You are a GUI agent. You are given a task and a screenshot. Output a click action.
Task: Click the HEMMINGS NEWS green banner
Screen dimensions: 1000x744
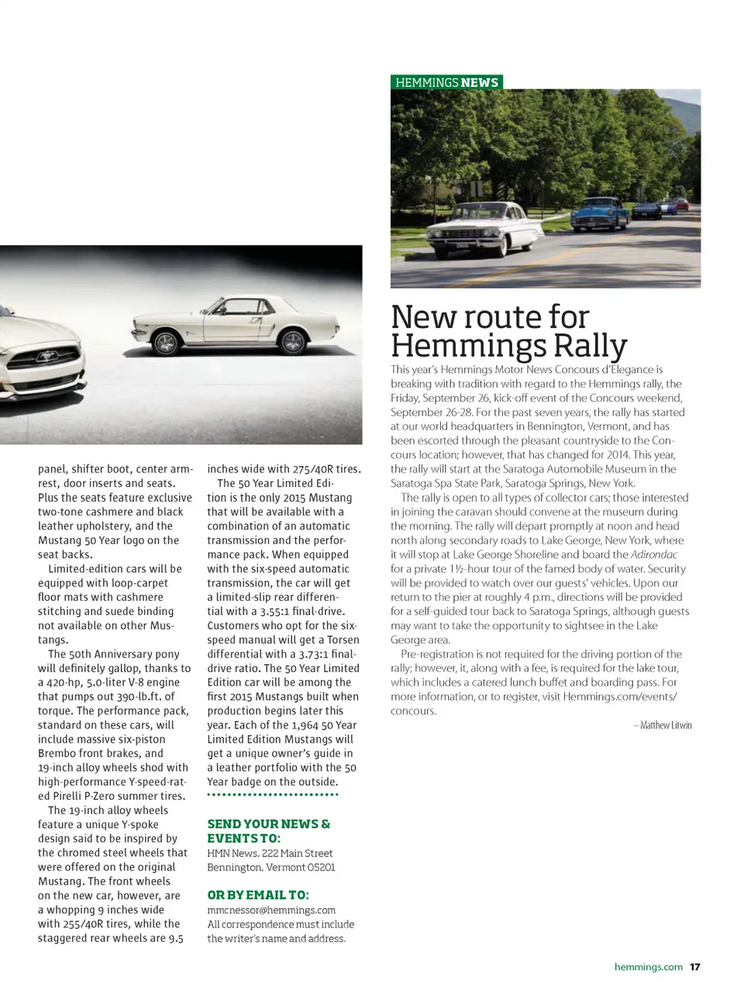(x=446, y=82)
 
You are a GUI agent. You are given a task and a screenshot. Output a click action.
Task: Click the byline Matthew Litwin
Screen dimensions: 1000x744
(x=663, y=726)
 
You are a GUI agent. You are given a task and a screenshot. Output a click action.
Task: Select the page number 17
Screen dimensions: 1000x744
(x=695, y=967)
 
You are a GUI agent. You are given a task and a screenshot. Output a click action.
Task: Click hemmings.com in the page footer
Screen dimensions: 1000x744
(x=648, y=967)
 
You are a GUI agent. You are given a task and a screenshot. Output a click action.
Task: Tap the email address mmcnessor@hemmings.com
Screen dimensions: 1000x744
(x=271, y=910)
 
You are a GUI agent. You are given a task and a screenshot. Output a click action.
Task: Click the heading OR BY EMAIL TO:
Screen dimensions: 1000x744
(x=257, y=895)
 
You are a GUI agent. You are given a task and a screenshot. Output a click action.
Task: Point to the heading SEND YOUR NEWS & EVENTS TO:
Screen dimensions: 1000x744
(x=268, y=831)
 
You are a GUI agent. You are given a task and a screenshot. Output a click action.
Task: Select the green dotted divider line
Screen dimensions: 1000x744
(x=273, y=795)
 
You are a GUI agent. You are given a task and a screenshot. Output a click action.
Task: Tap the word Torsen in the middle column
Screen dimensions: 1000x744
(x=343, y=640)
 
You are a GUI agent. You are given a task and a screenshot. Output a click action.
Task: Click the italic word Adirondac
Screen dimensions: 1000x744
(x=654, y=555)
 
